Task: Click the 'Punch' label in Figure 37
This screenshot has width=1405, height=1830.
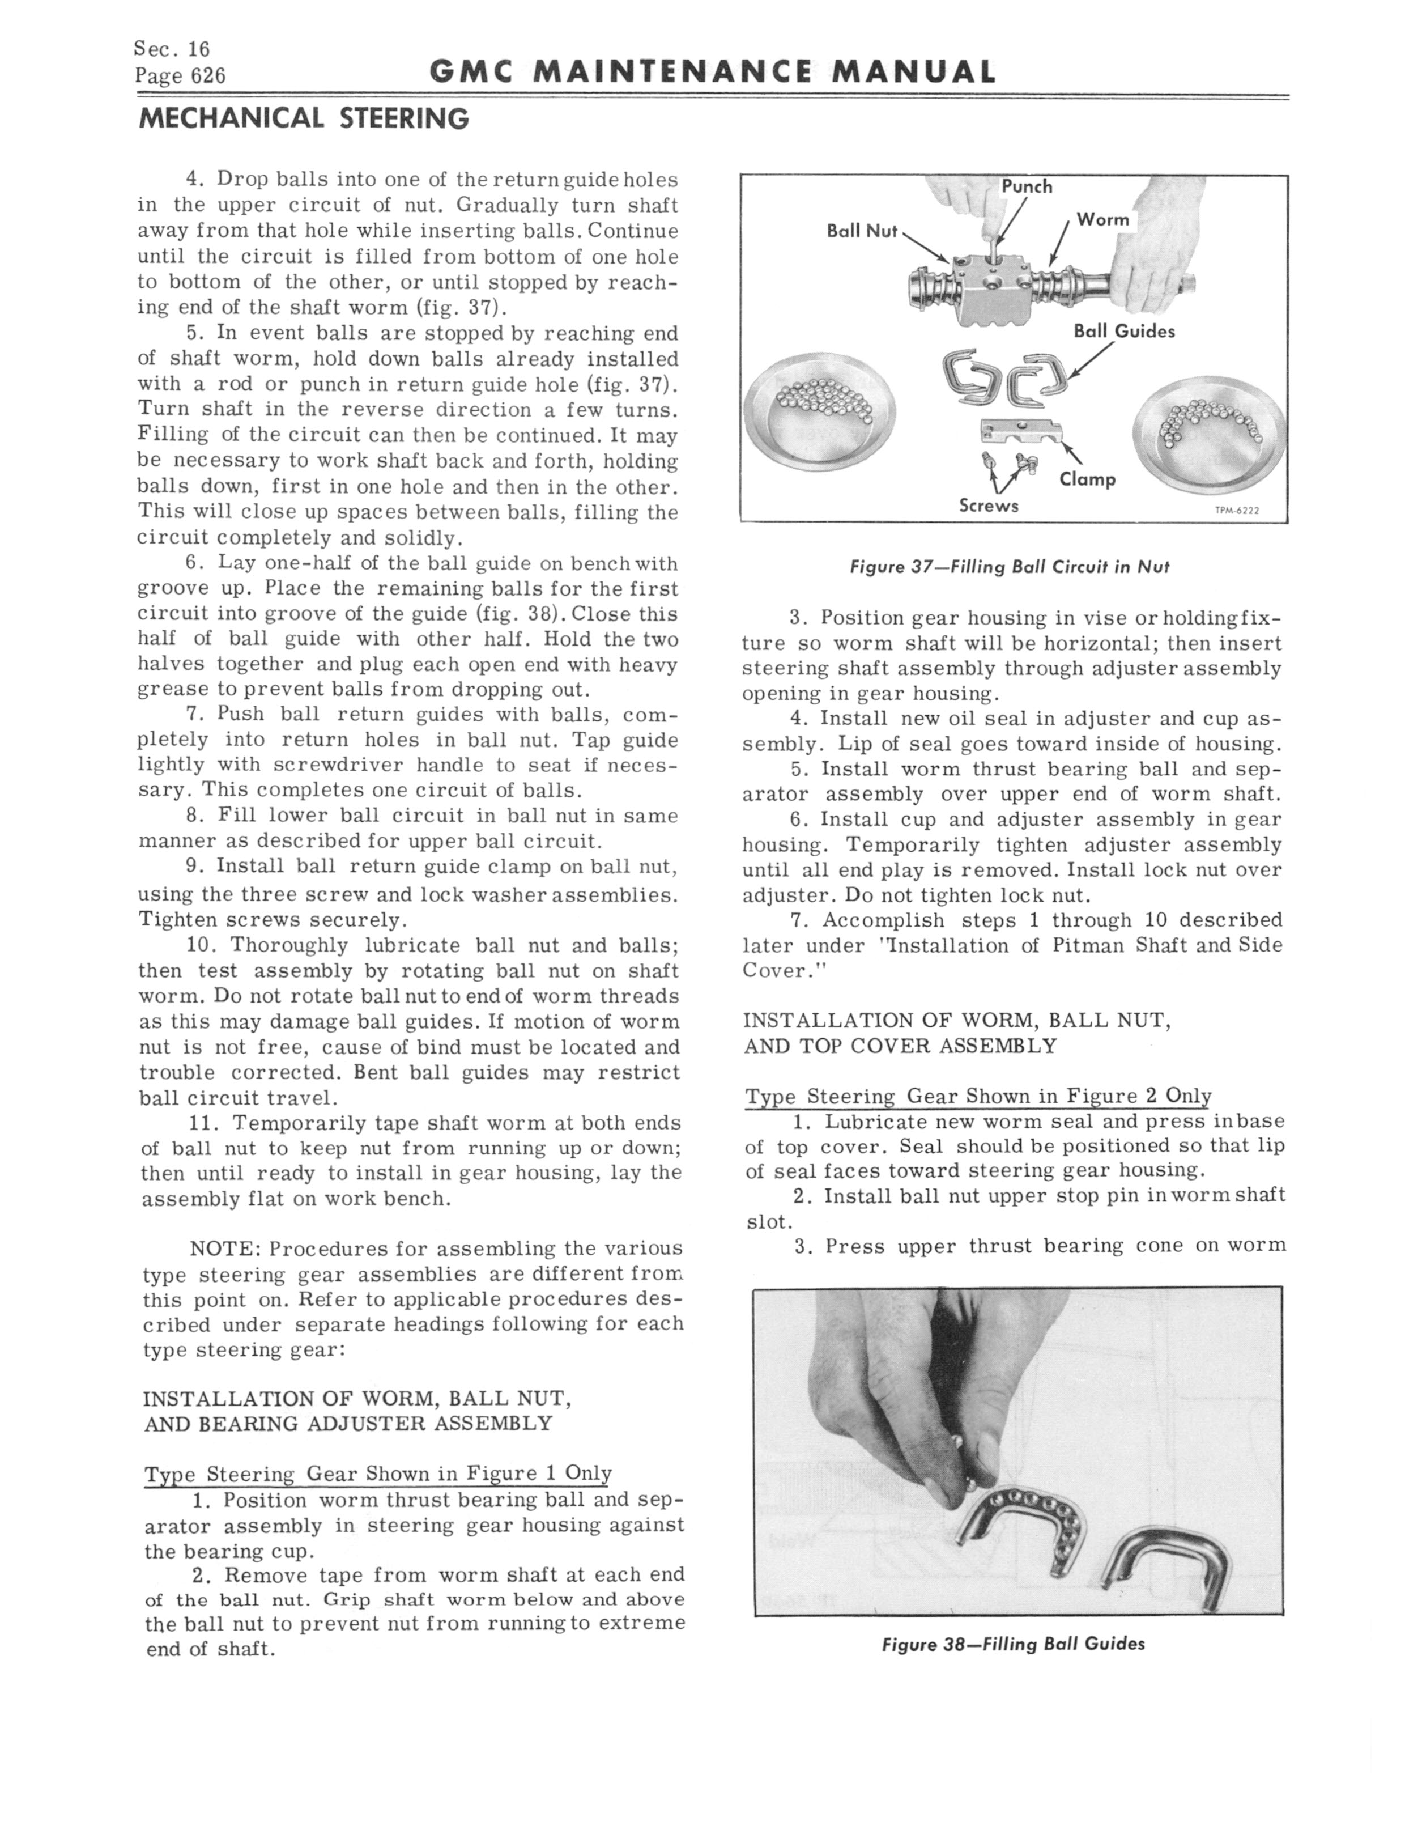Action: pos(1027,186)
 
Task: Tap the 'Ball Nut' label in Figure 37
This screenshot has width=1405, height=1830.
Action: pos(861,230)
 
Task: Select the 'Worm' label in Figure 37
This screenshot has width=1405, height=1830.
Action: pos(1102,219)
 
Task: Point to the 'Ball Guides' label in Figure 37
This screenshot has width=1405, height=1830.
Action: pos(1124,331)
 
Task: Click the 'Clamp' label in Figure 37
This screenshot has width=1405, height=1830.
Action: pos(1087,479)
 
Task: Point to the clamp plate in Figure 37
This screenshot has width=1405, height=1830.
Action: pos(1021,432)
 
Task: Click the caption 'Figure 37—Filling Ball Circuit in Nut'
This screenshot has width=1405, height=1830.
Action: pos(1010,567)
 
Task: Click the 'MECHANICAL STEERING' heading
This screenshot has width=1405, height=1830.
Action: pos(304,119)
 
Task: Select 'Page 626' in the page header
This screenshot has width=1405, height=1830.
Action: pos(180,76)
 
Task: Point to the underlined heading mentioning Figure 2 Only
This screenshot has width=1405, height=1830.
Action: pos(978,1096)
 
